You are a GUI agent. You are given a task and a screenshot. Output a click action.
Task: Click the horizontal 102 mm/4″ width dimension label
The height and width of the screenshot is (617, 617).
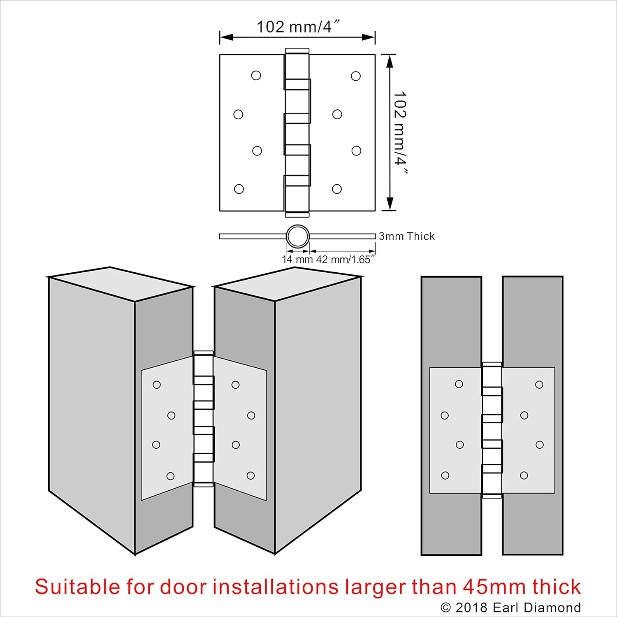tap(298, 27)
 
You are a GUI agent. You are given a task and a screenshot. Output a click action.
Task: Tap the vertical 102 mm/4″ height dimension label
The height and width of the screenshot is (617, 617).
tap(400, 133)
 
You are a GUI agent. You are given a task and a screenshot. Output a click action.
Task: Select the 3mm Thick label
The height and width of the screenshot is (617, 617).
tap(407, 236)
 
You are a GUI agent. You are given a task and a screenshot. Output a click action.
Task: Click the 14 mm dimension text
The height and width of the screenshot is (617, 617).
tap(297, 260)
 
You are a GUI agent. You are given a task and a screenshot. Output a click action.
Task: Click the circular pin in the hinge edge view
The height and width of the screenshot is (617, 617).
tap(297, 237)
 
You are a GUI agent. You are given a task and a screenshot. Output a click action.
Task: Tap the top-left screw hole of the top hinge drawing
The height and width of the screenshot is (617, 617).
tap(256, 76)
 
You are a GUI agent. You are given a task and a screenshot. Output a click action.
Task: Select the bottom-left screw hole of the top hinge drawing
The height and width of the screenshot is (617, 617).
tap(239, 189)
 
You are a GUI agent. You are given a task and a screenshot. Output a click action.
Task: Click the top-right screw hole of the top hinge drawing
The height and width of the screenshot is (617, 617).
tap(356, 76)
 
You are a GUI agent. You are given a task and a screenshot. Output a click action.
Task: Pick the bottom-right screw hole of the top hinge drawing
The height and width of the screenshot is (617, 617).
tap(337, 189)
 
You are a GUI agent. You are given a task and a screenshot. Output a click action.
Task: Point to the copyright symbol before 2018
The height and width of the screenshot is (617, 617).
tap(446, 608)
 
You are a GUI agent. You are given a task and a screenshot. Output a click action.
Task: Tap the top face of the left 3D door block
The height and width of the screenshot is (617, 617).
tap(121, 284)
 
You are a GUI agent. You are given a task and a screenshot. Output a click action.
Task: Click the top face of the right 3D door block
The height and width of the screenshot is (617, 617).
tap(288, 284)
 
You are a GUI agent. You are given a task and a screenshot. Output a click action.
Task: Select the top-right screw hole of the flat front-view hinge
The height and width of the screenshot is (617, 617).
tap(539, 385)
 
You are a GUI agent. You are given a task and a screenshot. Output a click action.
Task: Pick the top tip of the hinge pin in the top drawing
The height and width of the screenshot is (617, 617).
tap(297, 48)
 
